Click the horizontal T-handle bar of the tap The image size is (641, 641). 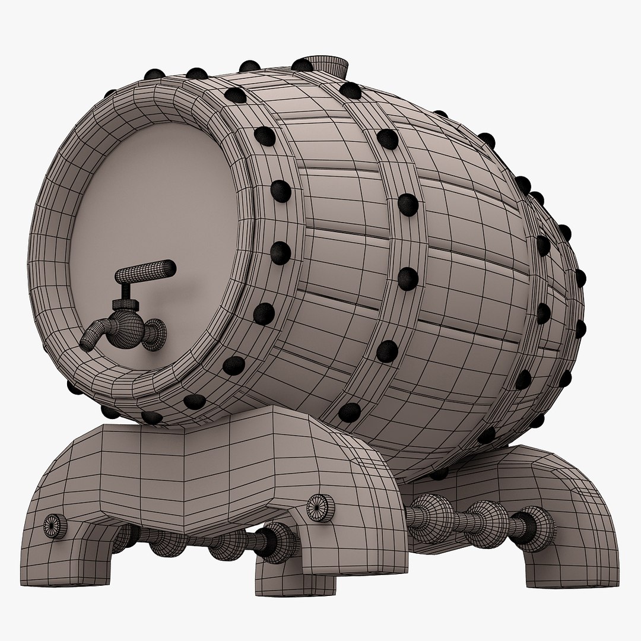pyautogui.click(x=145, y=272)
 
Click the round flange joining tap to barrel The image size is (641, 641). pyautogui.click(x=156, y=332)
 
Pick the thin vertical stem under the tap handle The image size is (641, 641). pyautogui.click(x=127, y=290)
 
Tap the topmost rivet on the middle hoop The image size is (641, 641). pyautogui.click(x=350, y=90)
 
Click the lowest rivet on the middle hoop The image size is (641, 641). pyautogui.click(x=350, y=411)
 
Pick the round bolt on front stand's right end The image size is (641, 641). pyautogui.click(x=321, y=506)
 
